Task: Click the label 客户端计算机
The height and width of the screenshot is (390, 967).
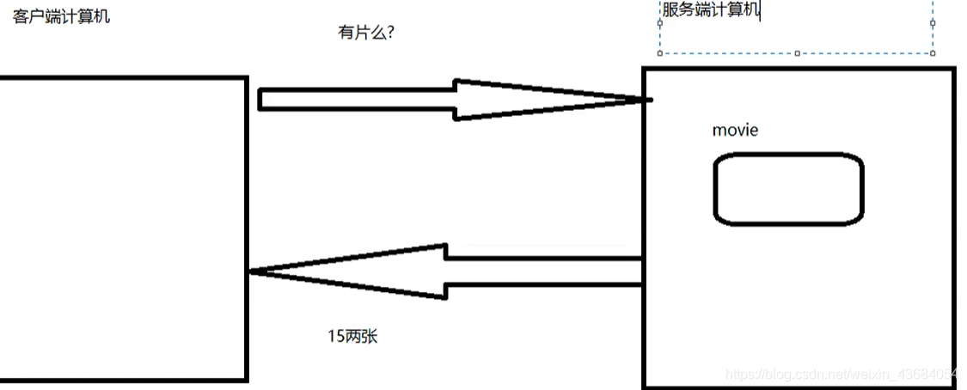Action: (61, 16)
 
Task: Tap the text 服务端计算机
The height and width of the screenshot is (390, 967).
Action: (710, 10)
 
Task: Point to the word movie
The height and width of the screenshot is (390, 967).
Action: (735, 130)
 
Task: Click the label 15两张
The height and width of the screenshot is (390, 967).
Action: (352, 337)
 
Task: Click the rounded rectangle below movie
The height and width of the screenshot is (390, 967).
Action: (788, 189)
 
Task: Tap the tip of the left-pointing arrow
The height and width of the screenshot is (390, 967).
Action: (252, 271)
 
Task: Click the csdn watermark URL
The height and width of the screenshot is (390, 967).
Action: (842, 375)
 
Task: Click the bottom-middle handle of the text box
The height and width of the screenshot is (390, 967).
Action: (797, 53)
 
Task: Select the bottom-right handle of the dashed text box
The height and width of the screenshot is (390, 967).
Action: (933, 53)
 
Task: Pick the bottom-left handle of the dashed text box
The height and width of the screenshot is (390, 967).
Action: (659, 53)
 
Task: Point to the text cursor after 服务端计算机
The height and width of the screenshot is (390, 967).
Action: (760, 10)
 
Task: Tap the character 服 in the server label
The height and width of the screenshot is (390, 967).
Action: (670, 10)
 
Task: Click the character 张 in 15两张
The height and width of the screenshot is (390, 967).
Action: (370, 337)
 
